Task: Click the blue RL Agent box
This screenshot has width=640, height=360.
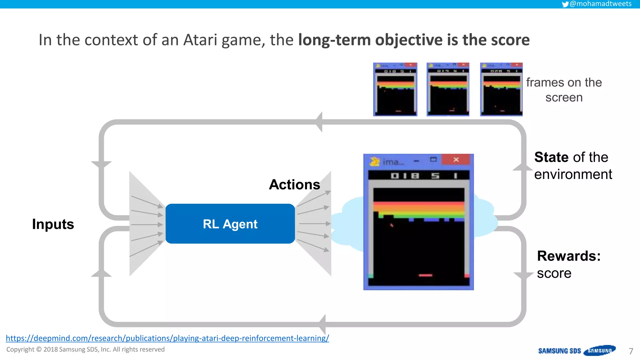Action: [230, 224]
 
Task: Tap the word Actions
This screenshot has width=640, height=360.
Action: [294, 185]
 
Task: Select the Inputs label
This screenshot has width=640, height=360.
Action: [53, 224]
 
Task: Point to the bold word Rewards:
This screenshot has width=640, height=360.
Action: [568, 256]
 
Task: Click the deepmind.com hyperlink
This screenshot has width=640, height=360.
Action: [167, 338]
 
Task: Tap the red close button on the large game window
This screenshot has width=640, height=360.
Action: [456, 160]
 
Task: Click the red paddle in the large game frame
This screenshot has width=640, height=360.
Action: [425, 275]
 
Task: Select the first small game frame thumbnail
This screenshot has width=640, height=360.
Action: [395, 89]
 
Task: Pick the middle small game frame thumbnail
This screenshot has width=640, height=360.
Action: [448, 89]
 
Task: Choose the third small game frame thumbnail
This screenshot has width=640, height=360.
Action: [501, 89]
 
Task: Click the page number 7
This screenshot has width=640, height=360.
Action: [631, 351]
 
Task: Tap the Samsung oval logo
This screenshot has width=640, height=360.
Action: [599, 351]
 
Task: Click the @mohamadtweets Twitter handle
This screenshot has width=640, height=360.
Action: [600, 4]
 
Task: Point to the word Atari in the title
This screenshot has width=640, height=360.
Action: [200, 40]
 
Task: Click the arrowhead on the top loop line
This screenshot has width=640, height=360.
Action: [319, 122]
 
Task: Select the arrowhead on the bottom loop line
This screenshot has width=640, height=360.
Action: [322, 324]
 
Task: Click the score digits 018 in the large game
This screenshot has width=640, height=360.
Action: [405, 176]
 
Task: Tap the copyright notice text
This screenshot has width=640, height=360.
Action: [85, 349]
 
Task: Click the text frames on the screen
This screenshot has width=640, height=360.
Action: [564, 90]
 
